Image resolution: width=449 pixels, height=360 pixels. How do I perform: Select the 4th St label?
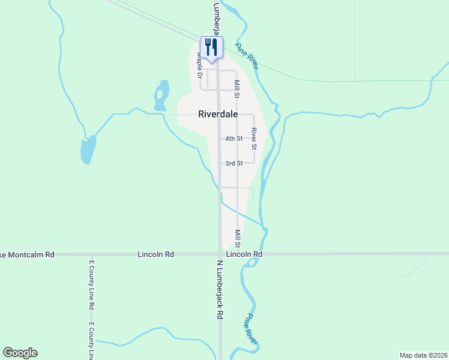[234, 139]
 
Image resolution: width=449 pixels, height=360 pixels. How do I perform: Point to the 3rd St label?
[234, 163]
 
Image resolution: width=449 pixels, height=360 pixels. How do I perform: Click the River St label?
[255, 139]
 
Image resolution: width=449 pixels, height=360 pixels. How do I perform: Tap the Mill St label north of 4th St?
[237, 89]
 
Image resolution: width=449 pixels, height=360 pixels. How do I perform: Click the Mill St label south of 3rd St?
[238, 238]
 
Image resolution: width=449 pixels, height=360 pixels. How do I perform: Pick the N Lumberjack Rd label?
[220, 289]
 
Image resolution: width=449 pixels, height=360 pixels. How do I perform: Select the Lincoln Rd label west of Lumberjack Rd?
[155, 254]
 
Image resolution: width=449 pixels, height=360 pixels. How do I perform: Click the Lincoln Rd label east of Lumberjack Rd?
[245, 254]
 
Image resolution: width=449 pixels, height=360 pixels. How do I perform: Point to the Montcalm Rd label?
[27, 254]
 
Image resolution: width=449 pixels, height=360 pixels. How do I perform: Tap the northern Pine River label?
[247, 56]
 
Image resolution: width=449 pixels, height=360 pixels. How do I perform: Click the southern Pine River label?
[253, 329]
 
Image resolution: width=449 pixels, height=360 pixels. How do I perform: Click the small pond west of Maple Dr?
[160, 96]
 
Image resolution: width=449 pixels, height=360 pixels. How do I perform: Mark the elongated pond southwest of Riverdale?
[88, 150]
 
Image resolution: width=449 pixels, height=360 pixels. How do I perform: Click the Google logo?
[20, 353]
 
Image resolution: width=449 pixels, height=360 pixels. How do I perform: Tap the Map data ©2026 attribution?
[424, 355]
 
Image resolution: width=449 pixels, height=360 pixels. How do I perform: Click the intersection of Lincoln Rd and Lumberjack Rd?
[220, 254]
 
